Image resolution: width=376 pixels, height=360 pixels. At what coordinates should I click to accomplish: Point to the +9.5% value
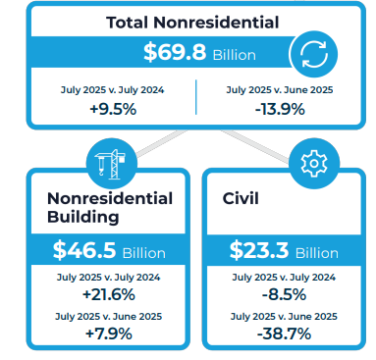click(112, 108)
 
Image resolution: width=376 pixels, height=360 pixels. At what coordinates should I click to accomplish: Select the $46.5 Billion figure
click(109, 250)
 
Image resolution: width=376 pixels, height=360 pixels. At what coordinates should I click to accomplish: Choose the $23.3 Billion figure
click(284, 250)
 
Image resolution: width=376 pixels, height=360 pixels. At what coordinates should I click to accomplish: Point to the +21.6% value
click(110, 294)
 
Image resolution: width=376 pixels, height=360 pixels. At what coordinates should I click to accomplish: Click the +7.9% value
click(110, 334)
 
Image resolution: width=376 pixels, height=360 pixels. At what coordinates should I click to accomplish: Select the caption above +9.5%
click(112, 89)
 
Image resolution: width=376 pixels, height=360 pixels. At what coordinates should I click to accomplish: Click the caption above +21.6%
click(110, 277)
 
